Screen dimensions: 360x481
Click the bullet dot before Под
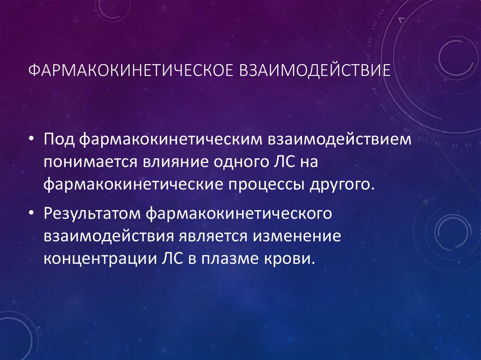click(x=31, y=140)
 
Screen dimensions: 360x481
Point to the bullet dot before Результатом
click(x=31, y=214)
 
